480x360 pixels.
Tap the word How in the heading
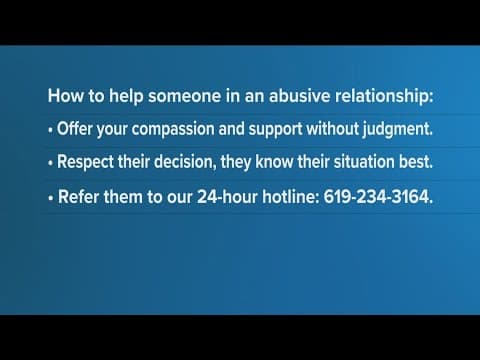click(x=63, y=99)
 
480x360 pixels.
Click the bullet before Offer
click(x=50, y=128)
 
